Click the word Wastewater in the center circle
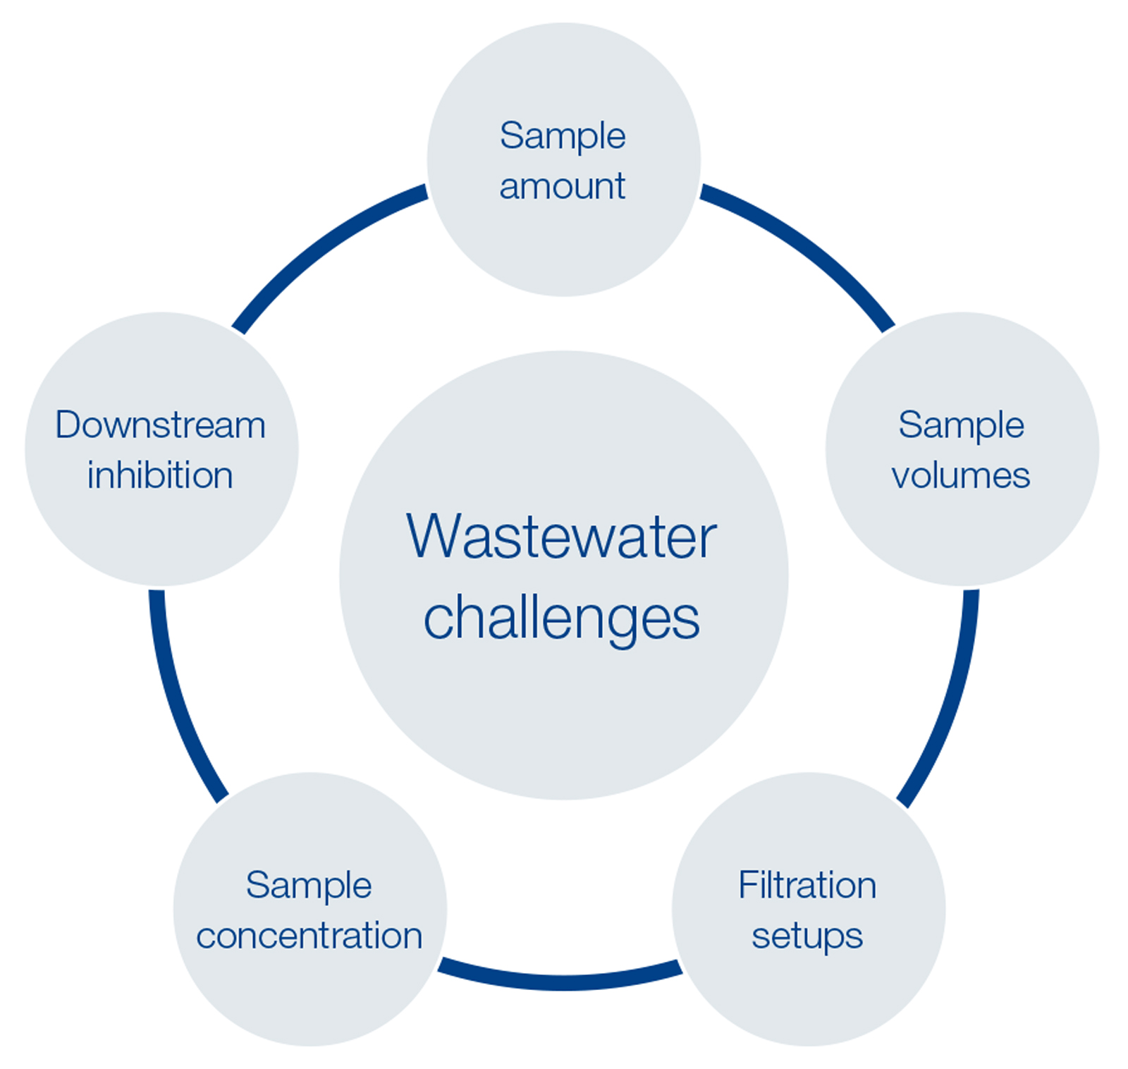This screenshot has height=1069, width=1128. [x=562, y=537]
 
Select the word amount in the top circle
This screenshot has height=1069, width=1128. [x=562, y=187]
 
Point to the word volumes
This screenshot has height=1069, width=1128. [x=960, y=475]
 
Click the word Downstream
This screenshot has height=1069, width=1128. [x=161, y=425]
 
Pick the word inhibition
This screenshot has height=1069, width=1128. [x=160, y=475]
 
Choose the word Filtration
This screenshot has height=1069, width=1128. [x=807, y=885]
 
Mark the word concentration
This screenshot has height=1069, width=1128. [x=309, y=936]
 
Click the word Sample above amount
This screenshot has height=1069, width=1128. [x=563, y=135]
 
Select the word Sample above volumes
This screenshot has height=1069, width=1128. [x=961, y=425]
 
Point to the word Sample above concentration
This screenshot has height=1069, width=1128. [x=309, y=885]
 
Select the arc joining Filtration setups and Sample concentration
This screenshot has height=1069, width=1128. [x=560, y=981]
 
